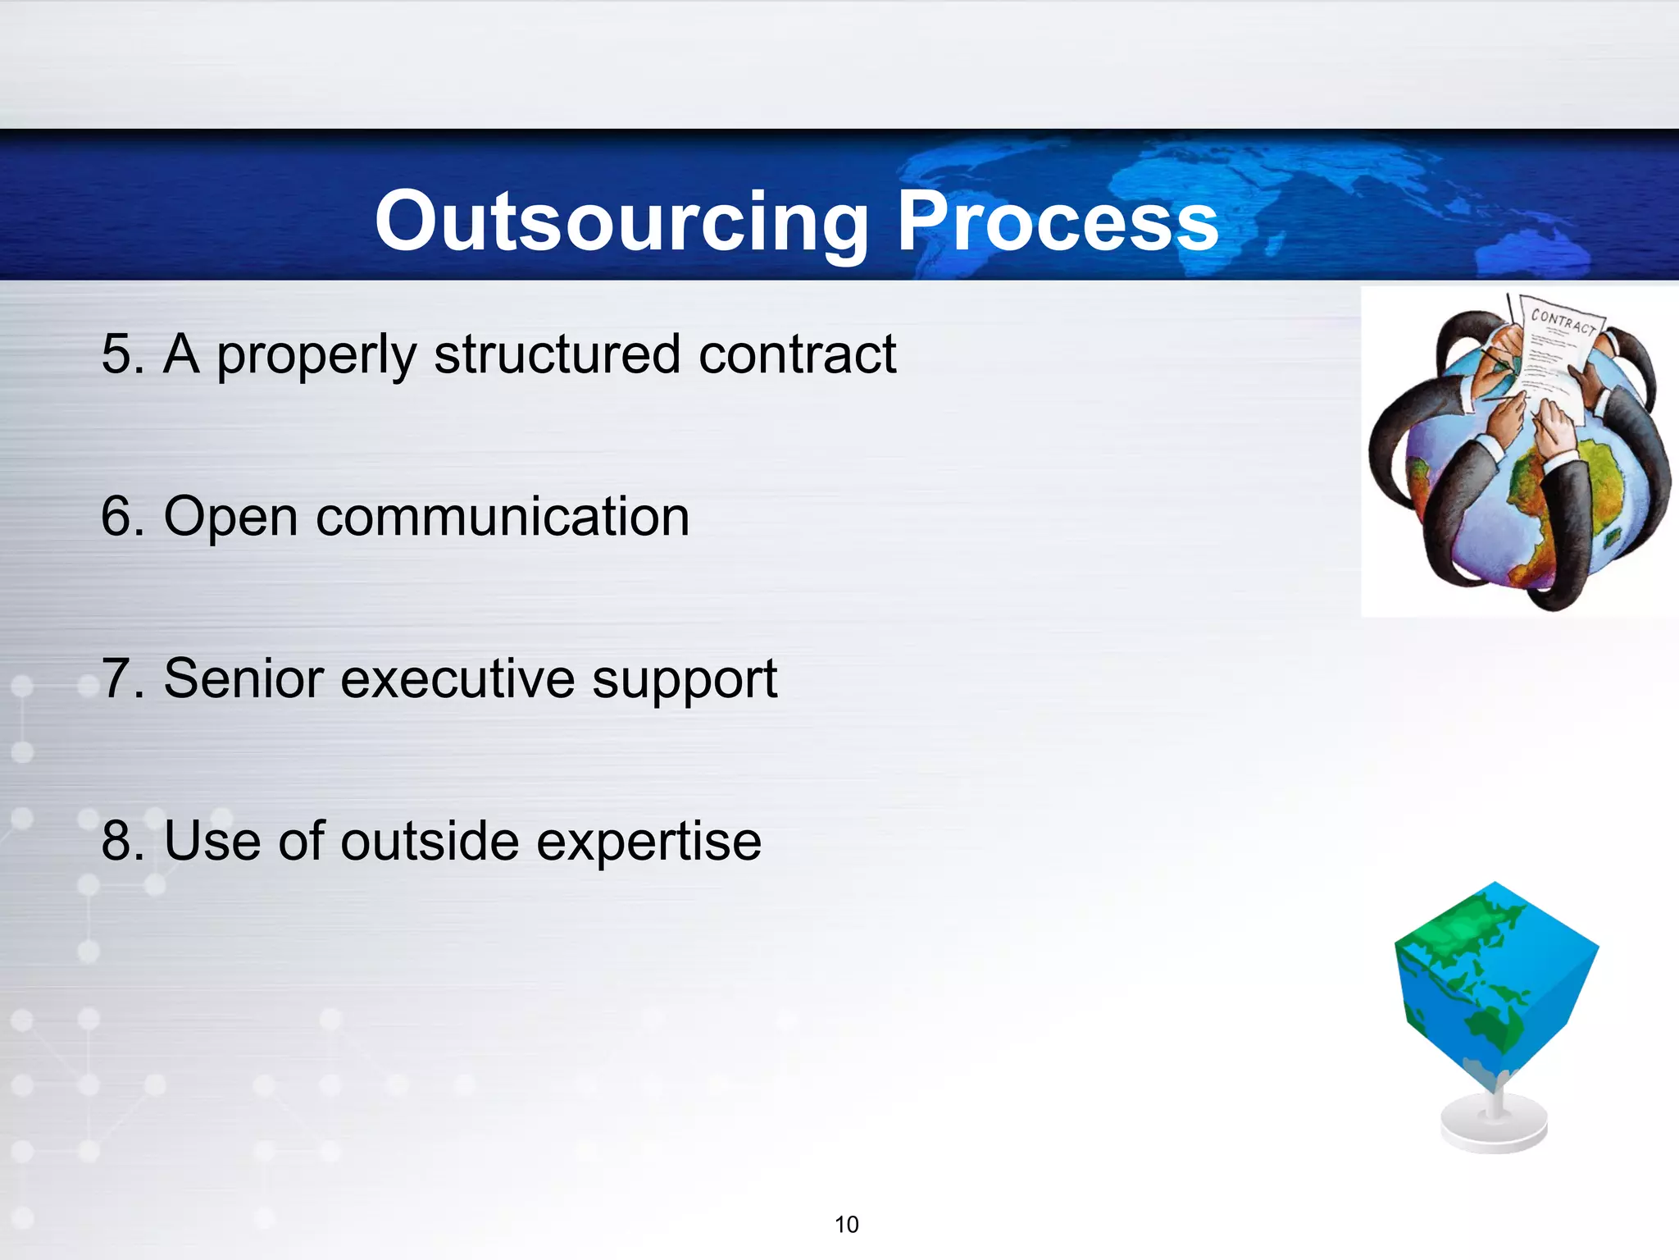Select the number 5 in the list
coord(116,354)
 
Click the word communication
coord(502,517)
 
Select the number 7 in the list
coord(116,679)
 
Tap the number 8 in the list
coord(116,842)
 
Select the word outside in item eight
coord(430,842)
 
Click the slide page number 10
coord(846,1225)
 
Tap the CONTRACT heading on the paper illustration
coord(1563,322)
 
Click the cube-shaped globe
coord(1494,984)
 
